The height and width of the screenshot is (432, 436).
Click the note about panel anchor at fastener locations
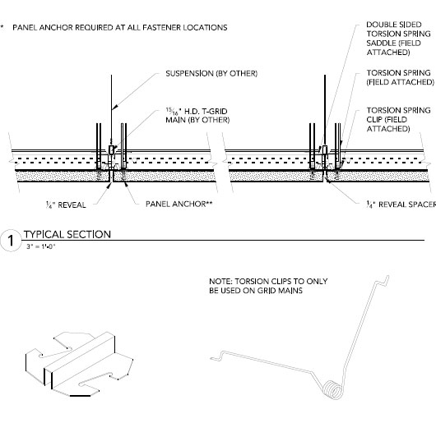point(120,27)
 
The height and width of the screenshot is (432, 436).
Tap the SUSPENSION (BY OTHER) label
point(211,74)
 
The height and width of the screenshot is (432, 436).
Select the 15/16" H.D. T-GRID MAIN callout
point(197,116)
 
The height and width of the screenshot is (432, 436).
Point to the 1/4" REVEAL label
point(66,205)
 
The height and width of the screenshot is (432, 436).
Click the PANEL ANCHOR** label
point(179,204)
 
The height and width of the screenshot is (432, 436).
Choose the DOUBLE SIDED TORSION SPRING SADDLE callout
point(398,39)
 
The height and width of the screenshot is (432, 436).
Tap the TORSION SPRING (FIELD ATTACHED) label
point(400,77)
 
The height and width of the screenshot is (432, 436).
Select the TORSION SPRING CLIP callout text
point(398,119)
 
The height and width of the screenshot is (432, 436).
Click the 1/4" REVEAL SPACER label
point(401,205)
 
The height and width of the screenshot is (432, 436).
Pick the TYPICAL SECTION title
point(67,235)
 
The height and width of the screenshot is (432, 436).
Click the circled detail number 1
point(11,241)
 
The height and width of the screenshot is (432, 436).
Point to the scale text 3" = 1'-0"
point(41,246)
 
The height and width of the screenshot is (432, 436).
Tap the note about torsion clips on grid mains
point(268,286)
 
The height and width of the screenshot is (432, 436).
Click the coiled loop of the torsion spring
point(334,389)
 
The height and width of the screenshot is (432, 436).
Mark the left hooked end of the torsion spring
point(217,356)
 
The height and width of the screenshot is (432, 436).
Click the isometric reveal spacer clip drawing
point(79,364)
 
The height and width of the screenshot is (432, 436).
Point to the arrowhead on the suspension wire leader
point(115,107)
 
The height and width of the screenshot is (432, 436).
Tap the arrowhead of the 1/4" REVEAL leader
point(109,185)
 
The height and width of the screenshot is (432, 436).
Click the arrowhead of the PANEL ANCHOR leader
point(125,184)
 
